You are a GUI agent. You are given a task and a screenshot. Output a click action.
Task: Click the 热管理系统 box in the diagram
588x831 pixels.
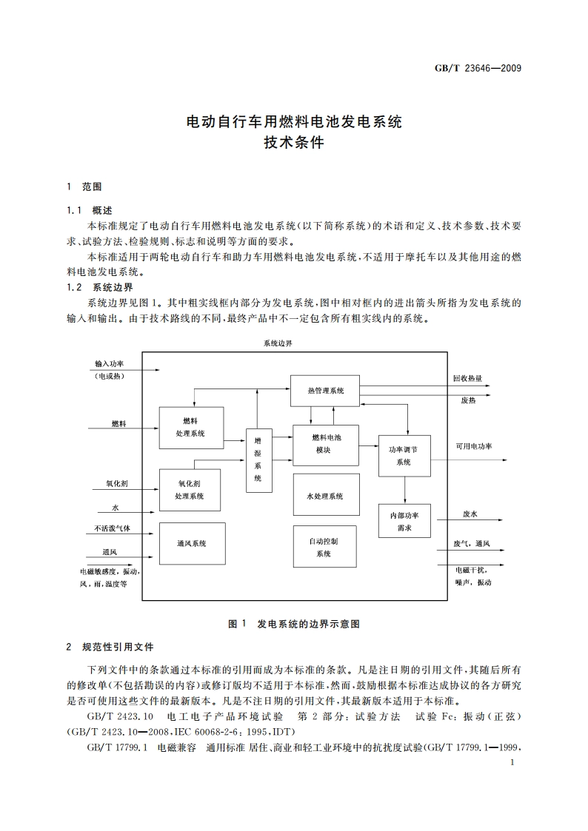pos(326,390)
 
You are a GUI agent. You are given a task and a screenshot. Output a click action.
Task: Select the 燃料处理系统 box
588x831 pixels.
pos(190,427)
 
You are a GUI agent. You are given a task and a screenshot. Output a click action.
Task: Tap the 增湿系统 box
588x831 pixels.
pos(258,460)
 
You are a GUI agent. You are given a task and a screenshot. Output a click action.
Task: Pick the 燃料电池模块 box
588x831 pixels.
pos(326,444)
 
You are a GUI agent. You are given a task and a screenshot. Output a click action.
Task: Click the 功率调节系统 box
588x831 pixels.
pos(404,455)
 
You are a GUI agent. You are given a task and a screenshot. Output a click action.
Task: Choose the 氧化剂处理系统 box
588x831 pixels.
pos(190,490)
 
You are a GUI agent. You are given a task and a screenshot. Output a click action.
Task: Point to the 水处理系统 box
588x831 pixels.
pos(326,496)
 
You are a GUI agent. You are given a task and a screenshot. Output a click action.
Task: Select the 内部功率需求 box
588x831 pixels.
pos(404,521)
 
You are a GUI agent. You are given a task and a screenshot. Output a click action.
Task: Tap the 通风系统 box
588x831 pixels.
pos(191,543)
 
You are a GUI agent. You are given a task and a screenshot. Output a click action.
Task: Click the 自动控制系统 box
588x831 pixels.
pos(324,547)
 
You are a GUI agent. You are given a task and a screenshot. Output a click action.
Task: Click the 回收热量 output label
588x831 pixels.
pos(467,378)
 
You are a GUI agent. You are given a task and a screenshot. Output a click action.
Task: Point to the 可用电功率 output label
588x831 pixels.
pos(473,446)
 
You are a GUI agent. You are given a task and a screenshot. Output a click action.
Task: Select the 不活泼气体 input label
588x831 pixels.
pos(112,528)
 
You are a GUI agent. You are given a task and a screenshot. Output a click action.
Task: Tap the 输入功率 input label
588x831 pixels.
pos(109,364)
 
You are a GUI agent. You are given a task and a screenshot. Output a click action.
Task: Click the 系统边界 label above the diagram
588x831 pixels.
pos(278,344)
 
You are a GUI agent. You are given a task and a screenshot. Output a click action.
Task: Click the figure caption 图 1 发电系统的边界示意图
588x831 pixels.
pos(294,624)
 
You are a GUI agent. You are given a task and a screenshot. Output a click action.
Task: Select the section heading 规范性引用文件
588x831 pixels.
pos(118,647)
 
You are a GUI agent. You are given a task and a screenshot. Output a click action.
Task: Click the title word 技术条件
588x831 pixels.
pos(294,144)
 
